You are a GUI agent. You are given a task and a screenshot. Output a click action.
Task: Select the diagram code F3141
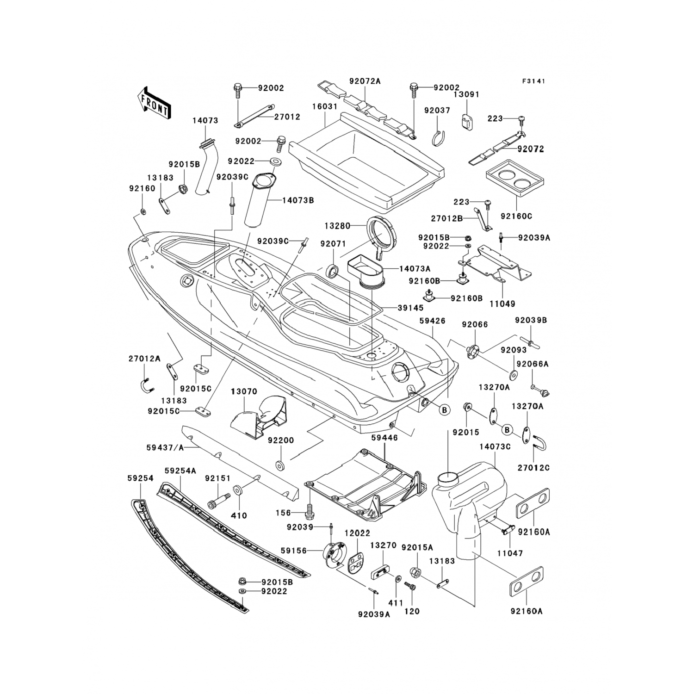(x=533, y=81)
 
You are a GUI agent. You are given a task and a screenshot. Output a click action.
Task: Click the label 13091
(x=466, y=94)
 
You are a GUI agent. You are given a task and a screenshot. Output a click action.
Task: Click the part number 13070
(x=244, y=391)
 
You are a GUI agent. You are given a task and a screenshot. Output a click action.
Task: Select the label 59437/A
(x=165, y=447)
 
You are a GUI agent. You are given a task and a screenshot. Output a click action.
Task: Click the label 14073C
(x=495, y=447)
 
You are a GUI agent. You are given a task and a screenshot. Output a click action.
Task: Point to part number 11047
(x=510, y=553)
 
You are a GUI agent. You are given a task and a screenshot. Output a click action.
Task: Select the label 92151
(x=218, y=478)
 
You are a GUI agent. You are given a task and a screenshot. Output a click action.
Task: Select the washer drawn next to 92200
(x=279, y=464)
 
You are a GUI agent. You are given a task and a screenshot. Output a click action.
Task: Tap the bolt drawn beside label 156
(x=310, y=511)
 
